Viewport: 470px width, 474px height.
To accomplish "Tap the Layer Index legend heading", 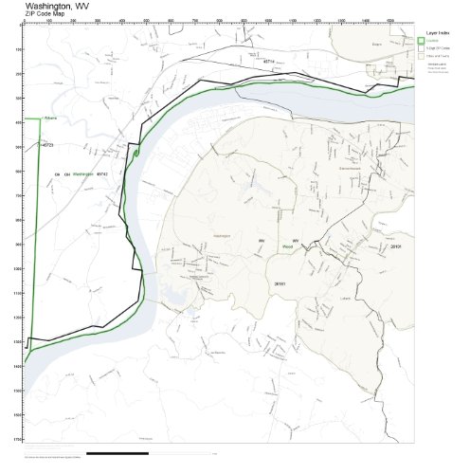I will click(437, 31).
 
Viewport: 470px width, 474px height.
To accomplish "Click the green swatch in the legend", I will click(421, 39).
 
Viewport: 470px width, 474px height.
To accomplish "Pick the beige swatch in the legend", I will click(421, 56).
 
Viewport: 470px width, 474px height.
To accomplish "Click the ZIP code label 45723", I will click(48, 145).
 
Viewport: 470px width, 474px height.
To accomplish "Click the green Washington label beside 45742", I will click(83, 173).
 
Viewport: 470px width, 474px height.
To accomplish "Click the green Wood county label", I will click(286, 247).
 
